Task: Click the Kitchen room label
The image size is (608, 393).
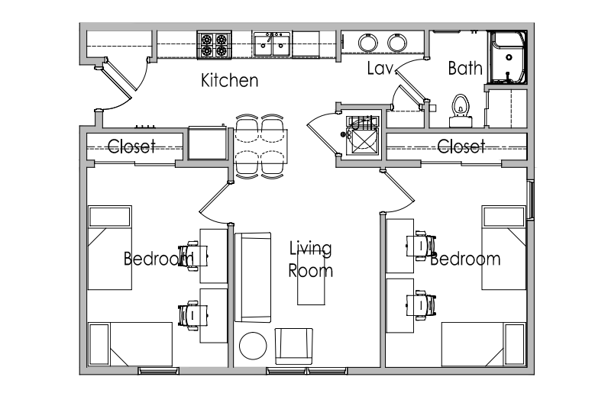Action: (x=230, y=80)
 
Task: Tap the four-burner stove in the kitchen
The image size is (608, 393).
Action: (x=214, y=45)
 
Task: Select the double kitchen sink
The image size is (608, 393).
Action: (x=272, y=44)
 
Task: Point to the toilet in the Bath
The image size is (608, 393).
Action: (x=461, y=111)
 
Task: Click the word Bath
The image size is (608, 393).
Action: (x=465, y=68)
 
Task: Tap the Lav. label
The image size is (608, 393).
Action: (x=380, y=68)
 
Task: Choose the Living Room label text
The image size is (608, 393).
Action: (x=311, y=259)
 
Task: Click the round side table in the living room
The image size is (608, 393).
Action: (x=253, y=346)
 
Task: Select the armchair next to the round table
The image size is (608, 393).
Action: (x=293, y=346)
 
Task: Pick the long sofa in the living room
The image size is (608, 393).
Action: (x=252, y=277)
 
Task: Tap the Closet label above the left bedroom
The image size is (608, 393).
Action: (x=131, y=147)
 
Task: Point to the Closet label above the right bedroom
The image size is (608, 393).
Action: (x=461, y=147)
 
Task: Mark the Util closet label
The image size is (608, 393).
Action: (x=362, y=124)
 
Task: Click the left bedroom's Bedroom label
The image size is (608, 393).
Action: (x=159, y=259)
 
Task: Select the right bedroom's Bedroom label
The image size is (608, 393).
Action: (x=465, y=259)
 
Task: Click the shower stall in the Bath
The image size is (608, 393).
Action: (x=509, y=57)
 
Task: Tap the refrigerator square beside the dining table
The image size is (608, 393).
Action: (x=208, y=142)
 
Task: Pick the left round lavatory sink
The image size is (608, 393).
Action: (x=367, y=43)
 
